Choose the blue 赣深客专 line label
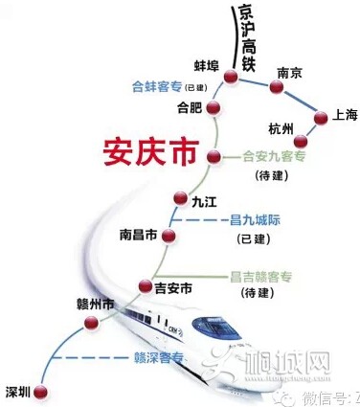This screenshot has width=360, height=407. point(152,361)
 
